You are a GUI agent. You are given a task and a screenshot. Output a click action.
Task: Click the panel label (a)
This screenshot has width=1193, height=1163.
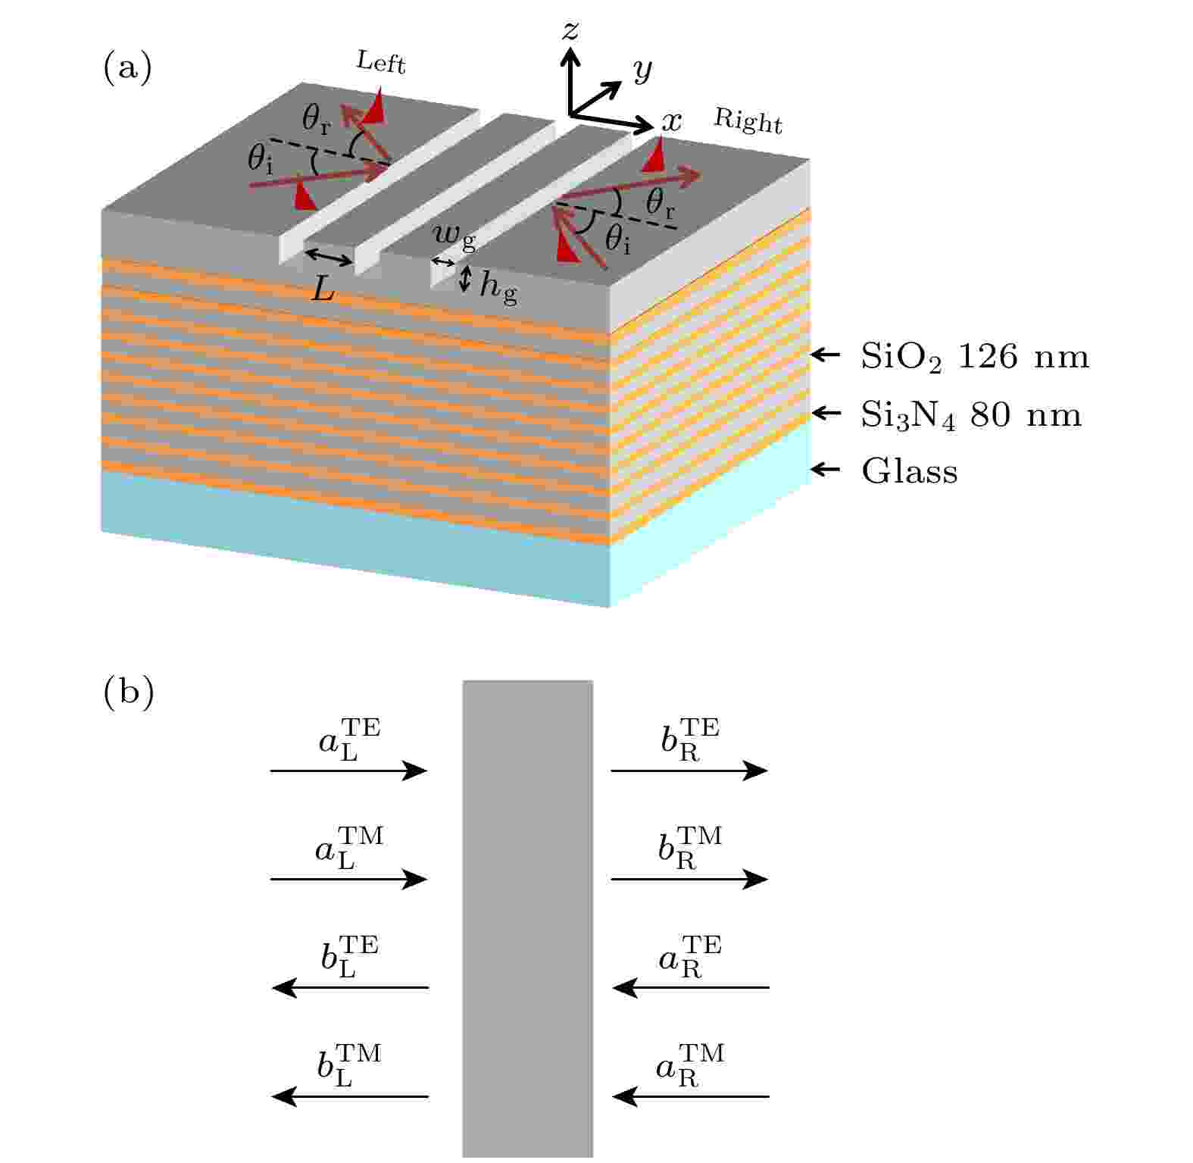coord(127,68)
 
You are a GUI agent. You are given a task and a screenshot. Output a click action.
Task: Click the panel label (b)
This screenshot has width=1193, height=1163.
coord(128,692)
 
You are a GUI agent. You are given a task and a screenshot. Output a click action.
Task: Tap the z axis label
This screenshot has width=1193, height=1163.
coord(570,30)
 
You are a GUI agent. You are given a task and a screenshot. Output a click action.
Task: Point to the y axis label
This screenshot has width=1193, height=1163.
coord(642,70)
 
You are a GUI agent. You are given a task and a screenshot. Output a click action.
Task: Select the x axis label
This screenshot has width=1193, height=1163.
coord(672,122)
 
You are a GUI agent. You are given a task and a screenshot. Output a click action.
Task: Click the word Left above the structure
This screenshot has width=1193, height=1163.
coord(381,62)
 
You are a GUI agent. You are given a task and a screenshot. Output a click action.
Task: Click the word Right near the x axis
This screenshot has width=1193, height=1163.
coord(748,121)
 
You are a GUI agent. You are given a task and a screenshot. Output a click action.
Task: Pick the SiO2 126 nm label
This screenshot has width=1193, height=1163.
coord(975,357)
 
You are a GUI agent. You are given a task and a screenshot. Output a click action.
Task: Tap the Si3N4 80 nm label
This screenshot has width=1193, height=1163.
coord(971,415)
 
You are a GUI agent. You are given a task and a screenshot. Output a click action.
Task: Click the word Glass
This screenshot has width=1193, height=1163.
coord(910,471)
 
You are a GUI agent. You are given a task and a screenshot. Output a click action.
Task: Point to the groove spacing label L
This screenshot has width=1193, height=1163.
coord(323,288)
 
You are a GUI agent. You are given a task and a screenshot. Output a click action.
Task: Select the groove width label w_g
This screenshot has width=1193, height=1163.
coord(454,237)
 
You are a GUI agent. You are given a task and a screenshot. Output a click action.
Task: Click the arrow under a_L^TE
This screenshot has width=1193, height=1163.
coord(349,771)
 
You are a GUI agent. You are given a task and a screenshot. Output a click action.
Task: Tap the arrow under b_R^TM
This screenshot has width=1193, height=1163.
coord(689,879)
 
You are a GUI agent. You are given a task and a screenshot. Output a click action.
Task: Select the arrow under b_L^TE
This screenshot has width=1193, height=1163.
coord(350,988)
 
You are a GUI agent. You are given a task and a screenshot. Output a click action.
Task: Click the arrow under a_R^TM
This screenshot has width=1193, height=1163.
coord(691,1096)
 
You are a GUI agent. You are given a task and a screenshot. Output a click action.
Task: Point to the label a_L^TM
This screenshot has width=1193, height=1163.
coord(349,848)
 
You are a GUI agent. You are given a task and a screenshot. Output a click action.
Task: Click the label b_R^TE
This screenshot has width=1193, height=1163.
coord(689,739)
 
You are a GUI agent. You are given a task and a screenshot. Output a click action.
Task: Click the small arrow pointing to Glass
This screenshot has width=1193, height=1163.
coord(826,470)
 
